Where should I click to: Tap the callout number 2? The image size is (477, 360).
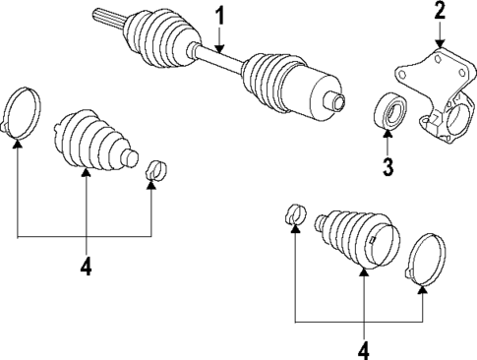pos(440,12)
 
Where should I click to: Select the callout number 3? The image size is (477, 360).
pos(388,166)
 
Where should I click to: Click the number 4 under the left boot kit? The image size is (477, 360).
pos(85,266)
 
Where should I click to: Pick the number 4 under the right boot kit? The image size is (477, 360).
pos(364,348)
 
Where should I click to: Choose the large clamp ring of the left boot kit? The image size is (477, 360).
pos(22,111)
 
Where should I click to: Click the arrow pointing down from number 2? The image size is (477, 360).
pos(440,35)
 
